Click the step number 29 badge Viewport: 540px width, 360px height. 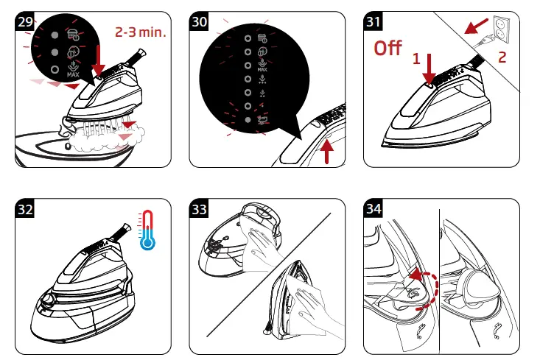[25, 21]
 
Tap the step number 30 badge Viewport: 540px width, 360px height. [199, 21]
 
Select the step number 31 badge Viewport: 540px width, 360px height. [374, 21]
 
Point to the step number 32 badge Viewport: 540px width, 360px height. [25, 208]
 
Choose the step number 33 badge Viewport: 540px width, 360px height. [199, 208]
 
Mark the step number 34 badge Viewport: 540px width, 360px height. [374, 208]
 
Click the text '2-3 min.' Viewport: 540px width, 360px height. [141, 32]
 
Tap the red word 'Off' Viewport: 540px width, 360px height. [388, 48]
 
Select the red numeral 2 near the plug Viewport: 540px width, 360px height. [502, 57]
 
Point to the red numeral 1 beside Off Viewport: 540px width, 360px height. [416, 59]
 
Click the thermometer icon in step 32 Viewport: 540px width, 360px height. [147, 230]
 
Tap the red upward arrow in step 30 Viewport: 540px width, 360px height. [326, 152]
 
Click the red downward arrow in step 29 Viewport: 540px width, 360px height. [99, 60]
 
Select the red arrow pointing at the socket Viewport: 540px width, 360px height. [476, 27]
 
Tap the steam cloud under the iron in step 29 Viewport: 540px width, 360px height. [107, 138]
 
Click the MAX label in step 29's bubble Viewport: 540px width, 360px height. [73, 74]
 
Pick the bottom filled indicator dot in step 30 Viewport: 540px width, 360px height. [248, 120]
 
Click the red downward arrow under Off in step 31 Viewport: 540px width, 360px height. [429, 68]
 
